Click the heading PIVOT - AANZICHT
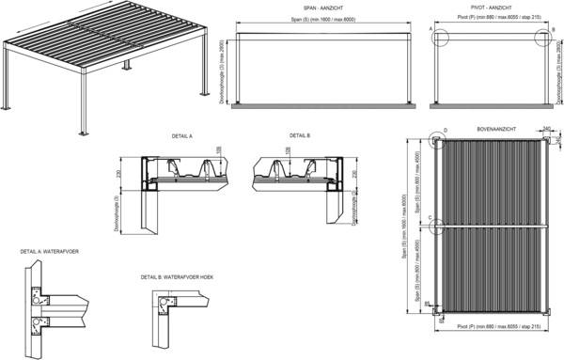click(x=489, y=7)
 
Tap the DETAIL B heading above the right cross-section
click(x=301, y=136)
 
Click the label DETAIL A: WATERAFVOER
click(x=48, y=252)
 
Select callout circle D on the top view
click(x=438, y=141)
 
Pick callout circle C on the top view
click(x=437, y=226)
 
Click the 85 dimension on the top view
click(x=427, y=303)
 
